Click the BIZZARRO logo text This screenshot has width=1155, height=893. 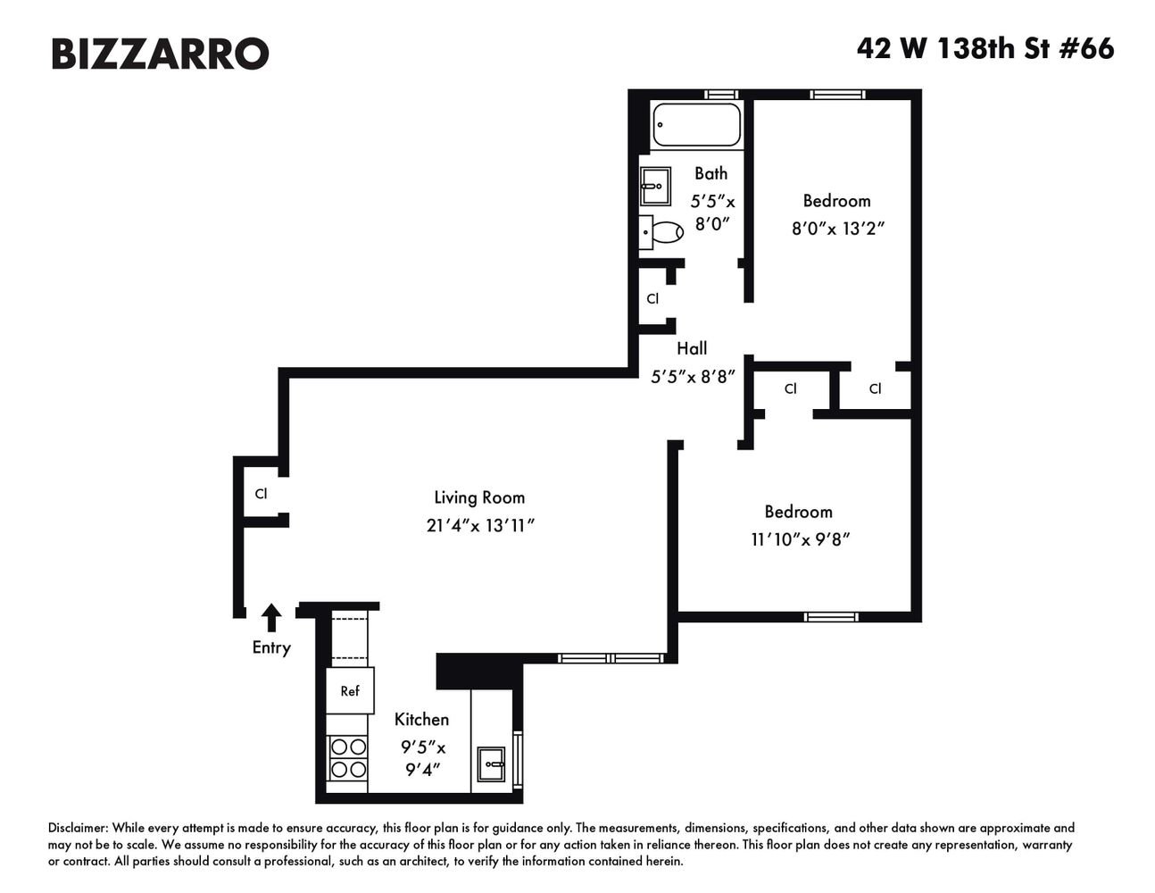point(160,54)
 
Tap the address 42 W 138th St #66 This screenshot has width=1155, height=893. point(985,49)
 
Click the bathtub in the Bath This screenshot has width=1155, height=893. point(696,124)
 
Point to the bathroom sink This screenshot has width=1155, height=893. point(655,186)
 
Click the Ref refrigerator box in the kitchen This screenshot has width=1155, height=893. point(350,690)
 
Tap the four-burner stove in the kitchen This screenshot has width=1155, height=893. point(348,758)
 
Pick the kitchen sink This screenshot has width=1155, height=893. point(491,764)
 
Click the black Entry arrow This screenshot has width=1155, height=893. point(271,618)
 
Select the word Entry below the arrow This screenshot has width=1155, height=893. point(271,648)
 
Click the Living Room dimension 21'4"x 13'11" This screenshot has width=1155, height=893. point(480,526)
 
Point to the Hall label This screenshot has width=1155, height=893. point(692,348)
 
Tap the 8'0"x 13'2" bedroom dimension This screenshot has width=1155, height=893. point(838,229)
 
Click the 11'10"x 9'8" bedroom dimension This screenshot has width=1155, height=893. point(801,539)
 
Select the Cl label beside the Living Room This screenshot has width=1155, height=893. point(261,494)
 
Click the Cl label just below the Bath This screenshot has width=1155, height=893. point(652,299)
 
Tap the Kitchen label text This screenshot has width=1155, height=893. point(421,720)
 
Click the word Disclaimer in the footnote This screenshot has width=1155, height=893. point(78,828)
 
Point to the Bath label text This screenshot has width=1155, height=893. point(711,173)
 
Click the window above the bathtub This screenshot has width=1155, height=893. point(720,95)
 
